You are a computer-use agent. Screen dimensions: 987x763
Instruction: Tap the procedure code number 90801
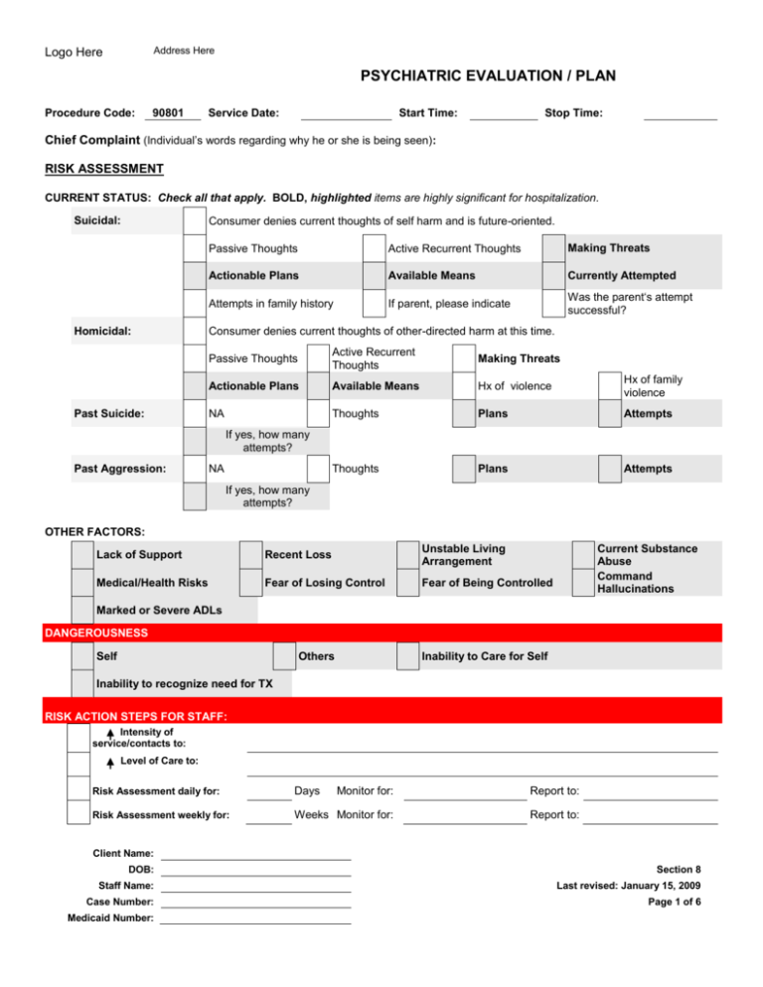[x=173, y=113]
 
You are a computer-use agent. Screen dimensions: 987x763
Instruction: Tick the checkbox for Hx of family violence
[x=611, y=386]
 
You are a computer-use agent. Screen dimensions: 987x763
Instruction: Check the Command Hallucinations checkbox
[x=584, y=582]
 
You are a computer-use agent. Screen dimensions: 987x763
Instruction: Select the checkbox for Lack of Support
[x=81, y=553]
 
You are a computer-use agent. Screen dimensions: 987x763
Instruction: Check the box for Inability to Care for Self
[x=407, y=656]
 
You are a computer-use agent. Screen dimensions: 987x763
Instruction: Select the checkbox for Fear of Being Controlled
[x=407, y=582]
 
